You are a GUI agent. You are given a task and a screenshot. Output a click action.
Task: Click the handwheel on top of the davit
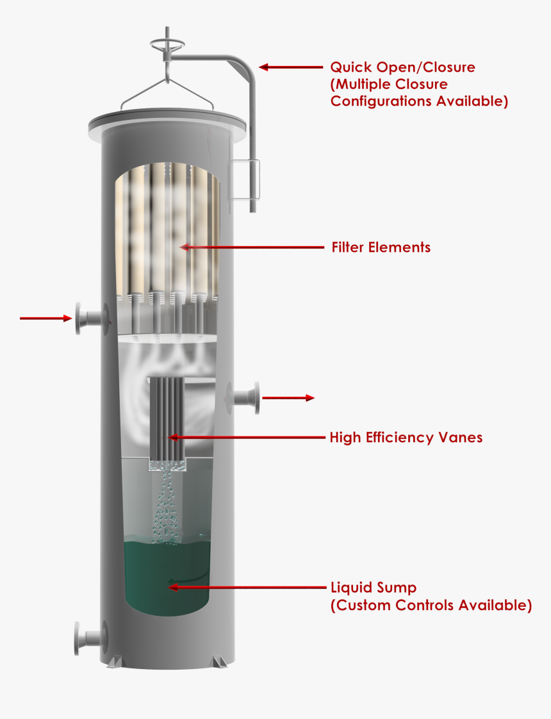(x=167, y=44)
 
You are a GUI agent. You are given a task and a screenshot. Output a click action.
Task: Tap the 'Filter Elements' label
(x=381, y=247)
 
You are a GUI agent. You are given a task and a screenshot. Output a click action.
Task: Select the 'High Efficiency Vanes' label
(x=406, y=438)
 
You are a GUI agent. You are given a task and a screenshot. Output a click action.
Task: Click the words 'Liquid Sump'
(x=374, y=588)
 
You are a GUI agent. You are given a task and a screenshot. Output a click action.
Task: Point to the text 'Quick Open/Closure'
(x=403, y=67)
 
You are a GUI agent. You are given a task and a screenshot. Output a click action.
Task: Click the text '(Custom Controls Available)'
(x=431, y=606)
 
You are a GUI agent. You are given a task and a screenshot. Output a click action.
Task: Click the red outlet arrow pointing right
(x=288, y=398)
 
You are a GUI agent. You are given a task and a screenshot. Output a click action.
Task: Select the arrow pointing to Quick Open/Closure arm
(x=291, y=67)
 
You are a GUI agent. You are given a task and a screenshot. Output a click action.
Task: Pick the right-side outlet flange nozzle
(x=243, y=397)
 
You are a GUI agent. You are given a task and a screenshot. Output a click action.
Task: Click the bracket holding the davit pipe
(x=244, y=179)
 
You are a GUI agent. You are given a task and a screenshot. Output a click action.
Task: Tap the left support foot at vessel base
(x=115, y=662)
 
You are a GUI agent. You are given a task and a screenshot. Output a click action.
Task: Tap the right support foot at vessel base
(x=220, y=662)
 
